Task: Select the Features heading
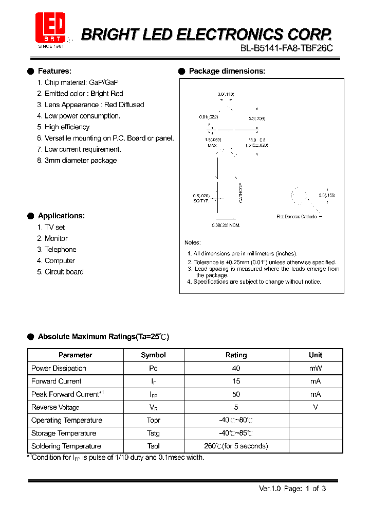point(54,71)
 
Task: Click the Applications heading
point(61,216)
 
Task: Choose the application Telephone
point(60,250)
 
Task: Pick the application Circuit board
point(64,272)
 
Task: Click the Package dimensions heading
point(227,71)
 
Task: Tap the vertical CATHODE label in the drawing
point(240,193)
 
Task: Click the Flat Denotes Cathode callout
point(297,217)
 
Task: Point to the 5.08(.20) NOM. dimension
point(226,225)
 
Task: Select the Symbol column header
point(153,355)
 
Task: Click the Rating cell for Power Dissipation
point(236,369)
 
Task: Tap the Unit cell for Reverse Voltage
point(316,407)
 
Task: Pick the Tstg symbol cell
point(153,433)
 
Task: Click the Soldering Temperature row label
point(66,446)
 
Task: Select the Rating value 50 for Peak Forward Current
point(236,394)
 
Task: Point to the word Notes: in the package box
point(193,242)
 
